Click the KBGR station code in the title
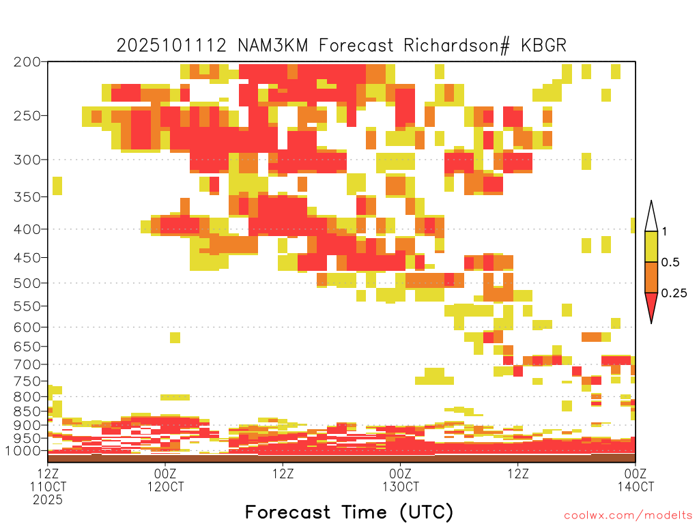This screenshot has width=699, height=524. click(x=543, y=46)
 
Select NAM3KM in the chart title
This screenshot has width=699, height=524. click(x=273, y=46)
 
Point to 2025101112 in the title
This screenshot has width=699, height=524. click(x=171, y=46)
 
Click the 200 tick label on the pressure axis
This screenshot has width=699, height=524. click(x=27, y=62)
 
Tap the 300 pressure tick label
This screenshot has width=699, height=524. click(x=27, y=160)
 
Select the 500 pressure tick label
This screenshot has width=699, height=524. click(x=27, y=283)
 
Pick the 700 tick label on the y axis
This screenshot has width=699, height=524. click(x=27, y=364)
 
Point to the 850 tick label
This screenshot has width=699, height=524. click(x=27, y=411)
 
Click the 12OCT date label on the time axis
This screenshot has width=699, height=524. click(x=165, y=486)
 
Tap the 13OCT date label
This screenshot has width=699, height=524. click(x=401, y=486)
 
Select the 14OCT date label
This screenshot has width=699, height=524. click(x=636, y=486)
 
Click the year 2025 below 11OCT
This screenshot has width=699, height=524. click(x=48, y=500)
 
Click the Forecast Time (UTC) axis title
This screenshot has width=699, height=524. click(x=349, y=512)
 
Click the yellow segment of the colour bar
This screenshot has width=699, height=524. click(x=651, y=246)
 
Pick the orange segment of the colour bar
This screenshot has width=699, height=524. click(x=651, y=277)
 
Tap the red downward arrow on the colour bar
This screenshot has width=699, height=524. click(x=651, y=305)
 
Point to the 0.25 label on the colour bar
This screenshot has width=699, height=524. click(x=674, y=293)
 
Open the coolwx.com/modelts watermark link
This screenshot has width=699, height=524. click(x=628, y=516)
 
